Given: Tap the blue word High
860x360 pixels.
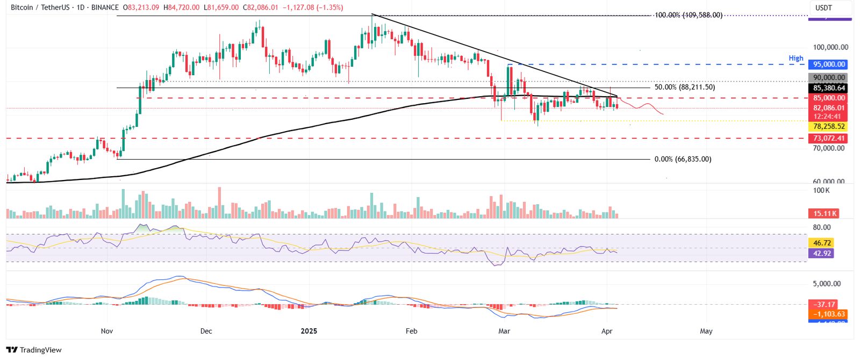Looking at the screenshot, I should [x=796, y=58].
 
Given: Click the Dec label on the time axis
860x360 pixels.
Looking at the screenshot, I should [x=206, y=331].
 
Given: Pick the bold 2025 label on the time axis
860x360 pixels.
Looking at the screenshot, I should [x=309, y=331].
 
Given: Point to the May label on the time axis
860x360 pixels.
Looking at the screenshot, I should [x=706, y=331].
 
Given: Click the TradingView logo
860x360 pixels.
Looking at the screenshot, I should [x=34, y=350].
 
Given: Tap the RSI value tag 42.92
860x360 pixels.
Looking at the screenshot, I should [x=822, y=253].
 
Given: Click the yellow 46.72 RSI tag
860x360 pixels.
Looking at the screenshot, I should [x=822, y=243].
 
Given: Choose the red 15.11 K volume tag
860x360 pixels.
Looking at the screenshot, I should [x=825, y=214].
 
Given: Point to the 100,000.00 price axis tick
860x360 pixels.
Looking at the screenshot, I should [x=830, y=47].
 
